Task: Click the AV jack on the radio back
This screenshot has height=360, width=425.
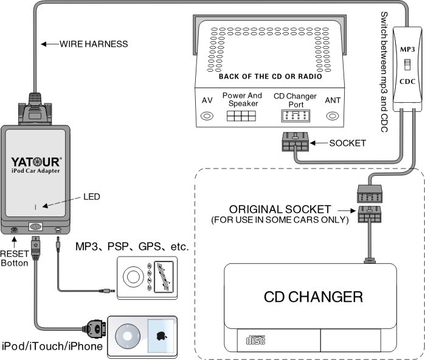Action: click(207, 115)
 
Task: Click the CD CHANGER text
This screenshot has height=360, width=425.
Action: click(313, 297)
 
